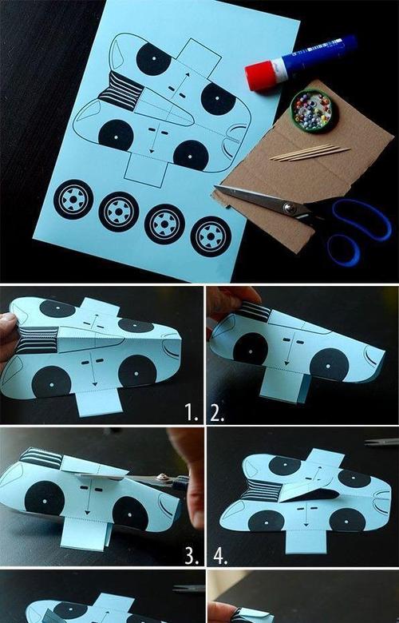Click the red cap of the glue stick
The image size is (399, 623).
(x=259, y=76)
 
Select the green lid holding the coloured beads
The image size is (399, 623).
(x=314, y=110)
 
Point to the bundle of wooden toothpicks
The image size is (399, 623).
(x=310, y=153)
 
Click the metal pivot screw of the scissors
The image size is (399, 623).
(x=290, y=208)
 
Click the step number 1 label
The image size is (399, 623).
(x=192, y=413)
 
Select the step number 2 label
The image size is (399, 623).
(x=217, y=413)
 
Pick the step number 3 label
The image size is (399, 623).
(x=192, y=556)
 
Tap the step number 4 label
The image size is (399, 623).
(x=221, y=556)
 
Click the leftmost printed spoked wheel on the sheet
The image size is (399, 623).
(x=73, y=200)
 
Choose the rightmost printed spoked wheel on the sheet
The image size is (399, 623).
(x=211, y=236)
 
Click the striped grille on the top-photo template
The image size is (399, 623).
(x=120, y=91)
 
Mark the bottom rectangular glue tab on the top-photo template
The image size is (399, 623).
(x=146, y=169)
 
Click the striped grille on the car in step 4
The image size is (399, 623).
(x=259, y=490)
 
